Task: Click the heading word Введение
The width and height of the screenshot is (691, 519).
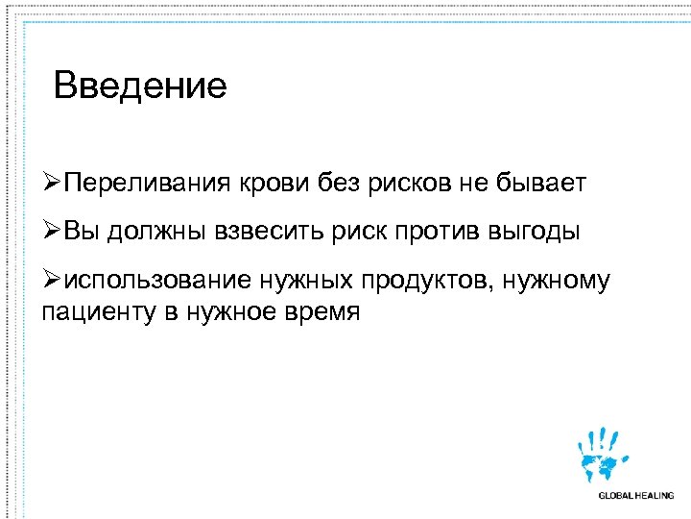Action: [140, 86]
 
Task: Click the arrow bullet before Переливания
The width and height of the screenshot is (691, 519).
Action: [52, 183]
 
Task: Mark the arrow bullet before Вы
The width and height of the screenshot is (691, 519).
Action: [52, 232]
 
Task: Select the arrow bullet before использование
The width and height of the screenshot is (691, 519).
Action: [52, 281]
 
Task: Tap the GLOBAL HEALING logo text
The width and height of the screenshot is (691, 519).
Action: [635, 496]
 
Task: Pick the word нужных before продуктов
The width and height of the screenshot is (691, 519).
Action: [306, 281]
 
